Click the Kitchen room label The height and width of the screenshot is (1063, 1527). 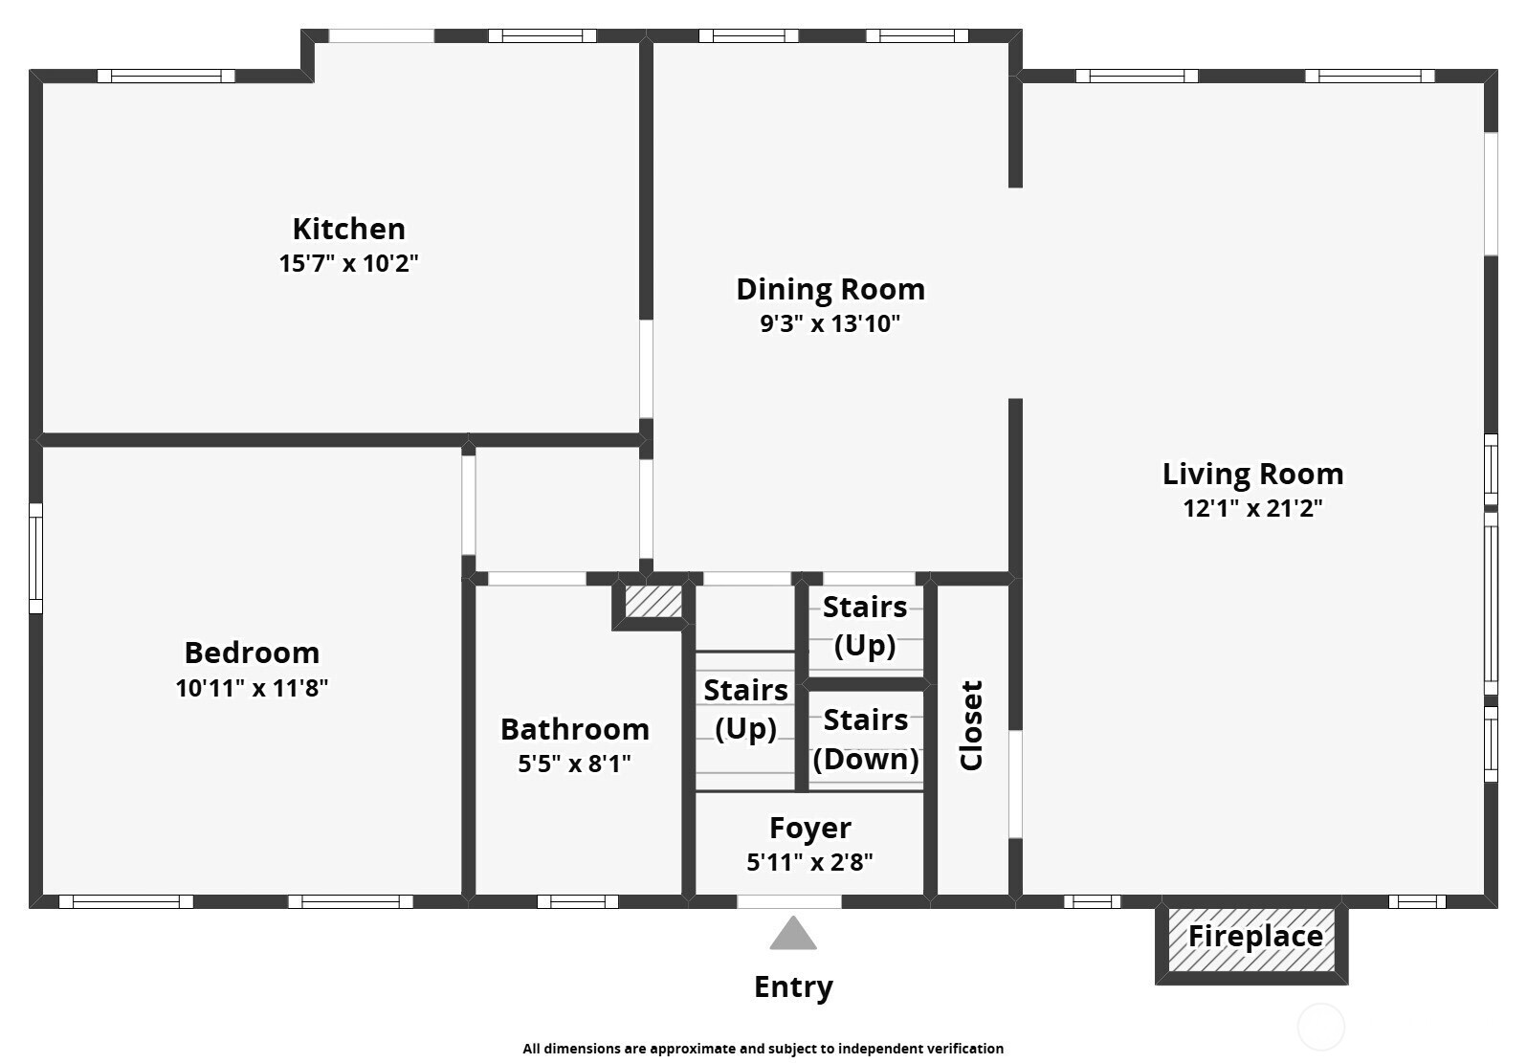coord(349,229)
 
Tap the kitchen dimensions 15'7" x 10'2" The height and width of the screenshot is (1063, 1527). coord(348,263)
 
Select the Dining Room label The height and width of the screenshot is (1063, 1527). coord(830,290)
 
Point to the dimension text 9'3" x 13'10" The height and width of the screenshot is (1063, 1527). coord(830,323)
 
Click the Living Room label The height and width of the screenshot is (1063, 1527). coord(1253,475)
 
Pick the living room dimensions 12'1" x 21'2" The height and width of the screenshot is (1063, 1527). coord(1253,508)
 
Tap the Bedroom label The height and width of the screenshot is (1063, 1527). coord(253,653)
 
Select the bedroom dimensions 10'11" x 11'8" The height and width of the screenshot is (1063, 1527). coord(252,687)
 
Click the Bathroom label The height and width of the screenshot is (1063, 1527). coord(575,730)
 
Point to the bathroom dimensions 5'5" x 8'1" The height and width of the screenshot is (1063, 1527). coord(575,763)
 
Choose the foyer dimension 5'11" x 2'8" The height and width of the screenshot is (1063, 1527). coord(809,862)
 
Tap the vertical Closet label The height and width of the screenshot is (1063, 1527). coord(971,725)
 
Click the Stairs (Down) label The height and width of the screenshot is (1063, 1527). coord(866,740)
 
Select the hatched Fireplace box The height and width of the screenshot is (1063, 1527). coord(1251,940)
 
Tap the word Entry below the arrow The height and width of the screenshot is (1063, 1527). coord(793,987)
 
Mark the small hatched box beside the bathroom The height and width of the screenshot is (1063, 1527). coord(653,602)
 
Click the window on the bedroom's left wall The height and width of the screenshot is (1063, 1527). coord(35,559)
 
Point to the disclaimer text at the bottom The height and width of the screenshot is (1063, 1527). coord(763,1048)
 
